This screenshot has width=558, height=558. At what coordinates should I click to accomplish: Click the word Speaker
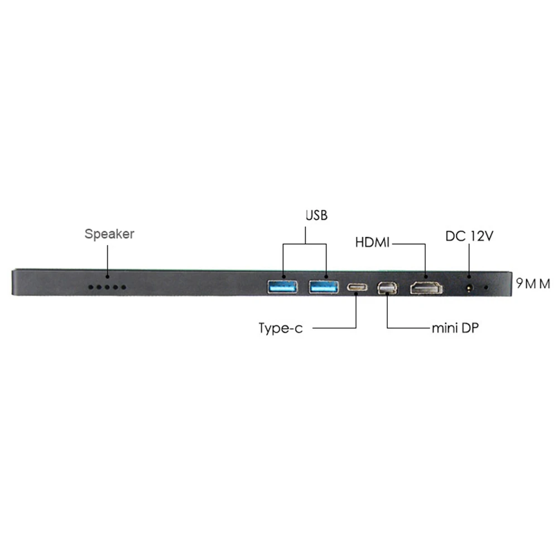[x=109, y=234]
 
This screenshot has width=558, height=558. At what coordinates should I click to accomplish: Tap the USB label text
[x=316, y=215]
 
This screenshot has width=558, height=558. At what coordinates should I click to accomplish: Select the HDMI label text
[x=373, y=243]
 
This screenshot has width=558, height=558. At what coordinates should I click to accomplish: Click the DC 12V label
[x=469, y=236]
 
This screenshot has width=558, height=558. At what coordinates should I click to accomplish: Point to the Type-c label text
[x=281, y=328]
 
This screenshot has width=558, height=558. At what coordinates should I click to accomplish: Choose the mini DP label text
[x=455, y=328]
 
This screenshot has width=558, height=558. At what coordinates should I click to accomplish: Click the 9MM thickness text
[x=533, y=284]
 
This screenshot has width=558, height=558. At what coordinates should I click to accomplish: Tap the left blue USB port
[x=282, y=287]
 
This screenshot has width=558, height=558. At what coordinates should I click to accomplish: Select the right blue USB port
[x=324, y=287]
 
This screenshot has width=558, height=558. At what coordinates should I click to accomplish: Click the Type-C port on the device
[x=357, y=288]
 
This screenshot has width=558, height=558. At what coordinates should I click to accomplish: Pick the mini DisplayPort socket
[x=387, y=288]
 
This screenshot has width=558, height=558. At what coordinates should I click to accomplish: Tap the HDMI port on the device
[x=426, y=288]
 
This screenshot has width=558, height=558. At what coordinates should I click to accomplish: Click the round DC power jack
[x=469, y=288]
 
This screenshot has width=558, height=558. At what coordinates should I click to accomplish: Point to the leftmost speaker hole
[x=90, y=287]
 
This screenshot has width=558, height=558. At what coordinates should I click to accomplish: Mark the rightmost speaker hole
[x=124, y=287]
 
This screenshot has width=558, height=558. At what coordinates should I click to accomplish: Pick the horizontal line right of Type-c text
[x=335, y=328]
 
